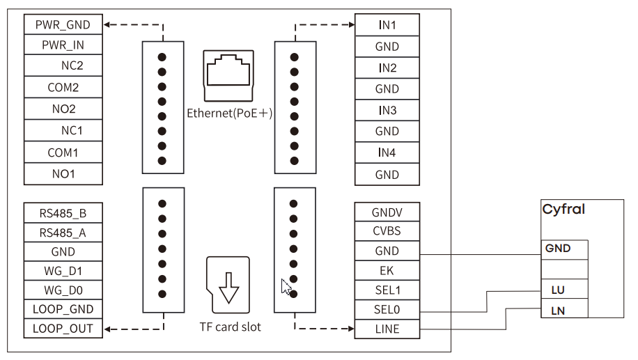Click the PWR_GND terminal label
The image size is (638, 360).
point(63,25)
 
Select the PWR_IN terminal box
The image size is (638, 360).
point(63,45)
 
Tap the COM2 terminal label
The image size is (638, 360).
point(63,88)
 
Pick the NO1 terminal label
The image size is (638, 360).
point(63,173)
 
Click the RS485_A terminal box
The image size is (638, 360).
point(63,233)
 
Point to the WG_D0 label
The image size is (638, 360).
point(63,290)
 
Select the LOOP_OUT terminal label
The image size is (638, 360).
point(63,328)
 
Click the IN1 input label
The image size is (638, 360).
point(387,25)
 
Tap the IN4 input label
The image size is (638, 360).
point(387,152)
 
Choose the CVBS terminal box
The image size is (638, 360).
point(387,231)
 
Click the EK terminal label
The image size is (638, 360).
point(387,270)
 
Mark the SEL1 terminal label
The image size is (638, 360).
point(387,290)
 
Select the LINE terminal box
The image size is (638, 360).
point(387,329)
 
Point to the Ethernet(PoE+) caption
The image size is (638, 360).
point(229,114)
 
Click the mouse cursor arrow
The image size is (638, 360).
point(286,286)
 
